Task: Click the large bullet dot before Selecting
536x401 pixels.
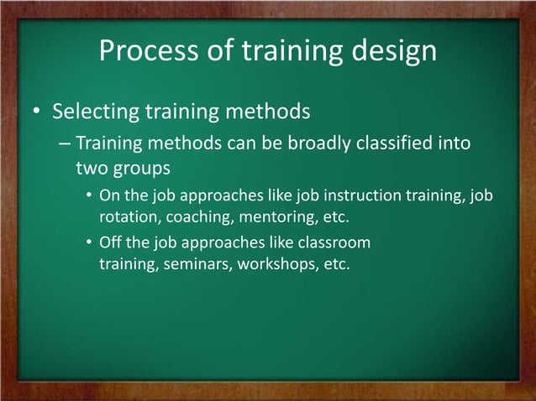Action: (37, 112)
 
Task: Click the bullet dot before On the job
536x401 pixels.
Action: (90, 197)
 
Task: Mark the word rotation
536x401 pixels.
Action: (127, 217)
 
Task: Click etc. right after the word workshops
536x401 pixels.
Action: (334, 264)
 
